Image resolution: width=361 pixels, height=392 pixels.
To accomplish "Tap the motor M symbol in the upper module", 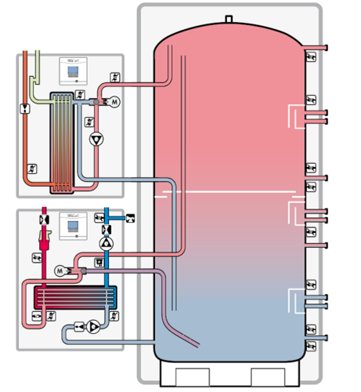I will click(112, 102).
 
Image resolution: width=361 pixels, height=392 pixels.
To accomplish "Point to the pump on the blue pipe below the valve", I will click(106, 244).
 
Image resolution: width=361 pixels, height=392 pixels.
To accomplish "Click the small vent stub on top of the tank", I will click(228, 17).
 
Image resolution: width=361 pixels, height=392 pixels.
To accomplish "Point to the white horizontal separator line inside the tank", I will click(235, 191).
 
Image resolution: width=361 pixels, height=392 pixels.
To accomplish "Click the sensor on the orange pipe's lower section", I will click(32, 168).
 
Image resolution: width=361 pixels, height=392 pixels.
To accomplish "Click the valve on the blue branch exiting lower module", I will click(130, 216).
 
